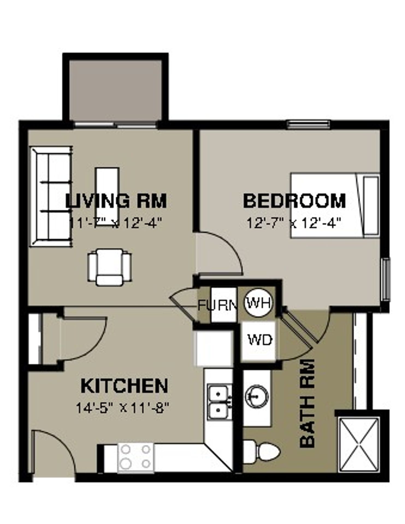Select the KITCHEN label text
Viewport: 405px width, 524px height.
tap(124, 386)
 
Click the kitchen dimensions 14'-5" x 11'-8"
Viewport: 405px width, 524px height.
tap(123, 408)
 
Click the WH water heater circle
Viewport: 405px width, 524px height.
tap(259, 303)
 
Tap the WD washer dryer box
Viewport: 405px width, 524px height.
tap(260, 340)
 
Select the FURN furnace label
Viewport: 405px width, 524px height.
tap(218, 305)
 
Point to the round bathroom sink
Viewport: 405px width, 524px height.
tap(256, 396)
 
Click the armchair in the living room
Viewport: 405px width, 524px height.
tap(110, 267)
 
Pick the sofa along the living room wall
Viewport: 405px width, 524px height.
tap(51, 196)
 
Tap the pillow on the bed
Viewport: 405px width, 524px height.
tap(371, 205)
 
